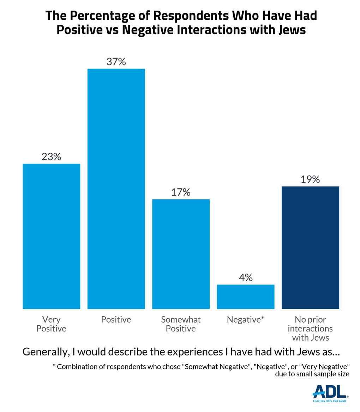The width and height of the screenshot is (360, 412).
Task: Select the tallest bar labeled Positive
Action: (x=116, y=189)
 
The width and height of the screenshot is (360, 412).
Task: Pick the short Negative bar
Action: (x=246, y=296)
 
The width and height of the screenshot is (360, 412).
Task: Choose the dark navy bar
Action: (x=310, y=247)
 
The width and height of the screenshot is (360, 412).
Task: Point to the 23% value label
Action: (x=51, y=157)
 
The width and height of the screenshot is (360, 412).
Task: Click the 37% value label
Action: (x=116, y=61)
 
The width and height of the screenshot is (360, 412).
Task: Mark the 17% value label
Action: (x=181, y=192)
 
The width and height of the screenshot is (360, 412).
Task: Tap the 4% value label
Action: (x=246, y=278)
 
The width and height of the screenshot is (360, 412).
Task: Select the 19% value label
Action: (x=310, y=179)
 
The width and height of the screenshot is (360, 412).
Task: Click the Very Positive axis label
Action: (x=51, y=324)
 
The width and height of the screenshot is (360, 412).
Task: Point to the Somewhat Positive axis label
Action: (x=181, y=324)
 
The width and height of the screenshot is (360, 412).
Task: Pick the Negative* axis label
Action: (x=246, y=319)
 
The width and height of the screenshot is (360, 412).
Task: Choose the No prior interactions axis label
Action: (x=310, y=329)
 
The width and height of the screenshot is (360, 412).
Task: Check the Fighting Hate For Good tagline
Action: (x=330, y=401)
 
